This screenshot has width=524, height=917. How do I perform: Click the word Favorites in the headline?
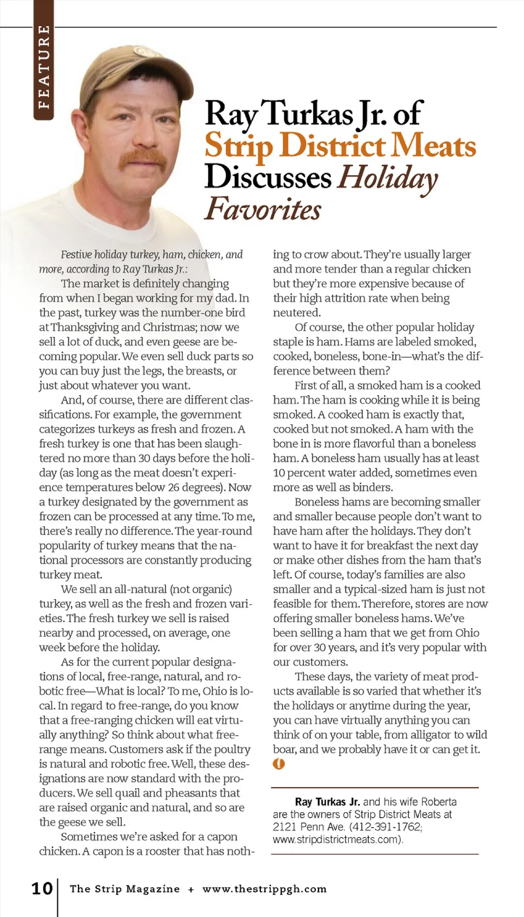click(x=263, y=209)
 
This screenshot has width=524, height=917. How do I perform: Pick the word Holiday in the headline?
click(x=388, y=178)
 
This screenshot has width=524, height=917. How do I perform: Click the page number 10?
click(x=42, y=888)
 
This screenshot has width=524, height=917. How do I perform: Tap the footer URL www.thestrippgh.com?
click(x=264, y=889)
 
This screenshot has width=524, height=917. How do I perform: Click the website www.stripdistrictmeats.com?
click(x=337, y=839)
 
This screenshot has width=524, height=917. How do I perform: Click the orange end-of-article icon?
click(x=279, y=764)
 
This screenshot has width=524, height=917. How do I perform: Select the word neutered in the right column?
click(x=296, y=313)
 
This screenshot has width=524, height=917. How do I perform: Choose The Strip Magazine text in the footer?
click(x=124, y=889)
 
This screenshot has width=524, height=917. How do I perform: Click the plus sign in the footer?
click(x=191, y=889)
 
